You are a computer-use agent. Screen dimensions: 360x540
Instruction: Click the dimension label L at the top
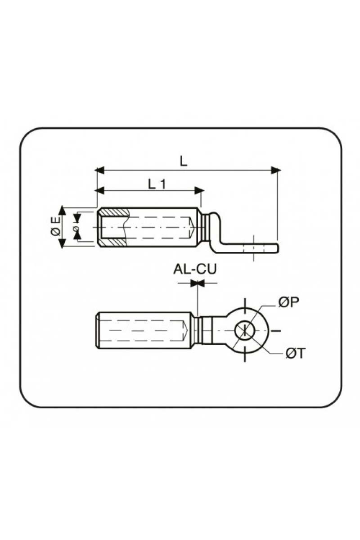click(x=184, y=162)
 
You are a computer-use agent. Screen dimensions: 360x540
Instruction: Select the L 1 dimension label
click(x=157, y=184)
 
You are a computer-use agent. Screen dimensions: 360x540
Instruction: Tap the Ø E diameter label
click(x=56, y=227)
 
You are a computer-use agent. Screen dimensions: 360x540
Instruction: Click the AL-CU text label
click(x=195, y=269)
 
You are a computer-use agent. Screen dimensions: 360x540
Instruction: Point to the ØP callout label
click(x=288, y=302)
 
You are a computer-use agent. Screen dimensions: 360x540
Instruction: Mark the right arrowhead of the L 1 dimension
click(x=199, y=190)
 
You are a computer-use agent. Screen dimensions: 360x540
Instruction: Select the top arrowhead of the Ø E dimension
click(x=63, y=211)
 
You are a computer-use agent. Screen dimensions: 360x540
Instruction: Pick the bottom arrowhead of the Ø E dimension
click(x=63, y=243)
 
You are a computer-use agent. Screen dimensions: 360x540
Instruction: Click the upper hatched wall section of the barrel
click(x=114, y=212)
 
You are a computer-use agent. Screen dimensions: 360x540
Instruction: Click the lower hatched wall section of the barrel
click(x=113, y=242)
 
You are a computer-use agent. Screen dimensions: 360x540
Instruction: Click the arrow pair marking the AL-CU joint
click(x=197, y=283)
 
